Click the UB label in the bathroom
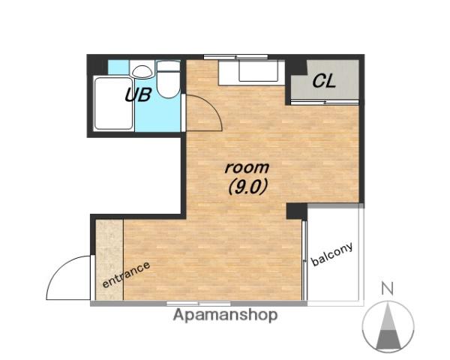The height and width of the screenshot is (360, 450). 138,94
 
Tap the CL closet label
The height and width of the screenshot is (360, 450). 324,81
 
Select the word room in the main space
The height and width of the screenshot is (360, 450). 247,167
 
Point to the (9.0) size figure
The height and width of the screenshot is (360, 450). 248,187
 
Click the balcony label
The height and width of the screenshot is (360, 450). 331,253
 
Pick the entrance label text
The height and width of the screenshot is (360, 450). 126,274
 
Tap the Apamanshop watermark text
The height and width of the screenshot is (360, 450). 225,316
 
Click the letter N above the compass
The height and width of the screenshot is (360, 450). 388,289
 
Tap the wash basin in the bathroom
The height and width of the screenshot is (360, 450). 142,71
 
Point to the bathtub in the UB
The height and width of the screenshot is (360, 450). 113,103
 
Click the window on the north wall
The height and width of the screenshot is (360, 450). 235,56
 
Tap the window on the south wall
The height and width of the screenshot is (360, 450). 199,303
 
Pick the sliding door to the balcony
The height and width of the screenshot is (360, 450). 304,260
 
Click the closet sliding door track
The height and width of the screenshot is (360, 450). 325,102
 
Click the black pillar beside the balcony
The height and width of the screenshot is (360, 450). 297,211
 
